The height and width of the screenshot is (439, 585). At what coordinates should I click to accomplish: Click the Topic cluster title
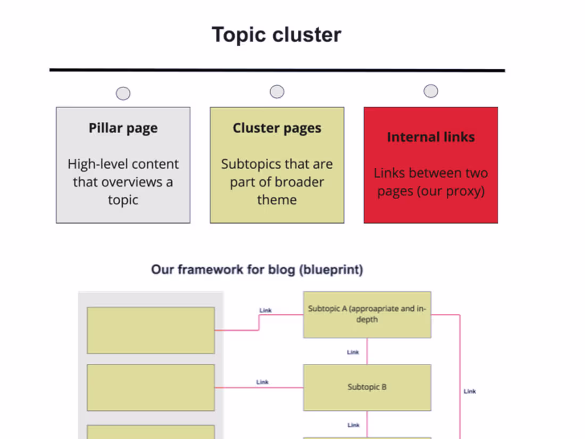click(277, 35)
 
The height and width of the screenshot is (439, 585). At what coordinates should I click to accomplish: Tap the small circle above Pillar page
click(123, 94)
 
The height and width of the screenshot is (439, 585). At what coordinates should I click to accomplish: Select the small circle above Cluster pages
click(277, 92)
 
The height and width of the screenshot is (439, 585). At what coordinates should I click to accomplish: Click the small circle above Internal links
click(431, 91)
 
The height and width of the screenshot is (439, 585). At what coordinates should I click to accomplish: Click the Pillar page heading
click(123, 128)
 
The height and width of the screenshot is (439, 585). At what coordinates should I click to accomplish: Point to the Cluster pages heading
click(277, 128)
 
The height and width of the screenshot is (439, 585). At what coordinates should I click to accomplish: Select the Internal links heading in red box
click(431, 137)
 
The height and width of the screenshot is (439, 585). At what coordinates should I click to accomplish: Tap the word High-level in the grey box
click(94, 164)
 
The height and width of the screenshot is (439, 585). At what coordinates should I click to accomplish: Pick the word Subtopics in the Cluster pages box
click(249, 164)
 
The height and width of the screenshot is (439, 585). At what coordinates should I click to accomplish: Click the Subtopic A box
click(367, 314)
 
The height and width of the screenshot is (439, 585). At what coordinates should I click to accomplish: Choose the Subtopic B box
click(367, 387)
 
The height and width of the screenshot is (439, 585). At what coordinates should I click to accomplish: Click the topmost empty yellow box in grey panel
click(151, 330)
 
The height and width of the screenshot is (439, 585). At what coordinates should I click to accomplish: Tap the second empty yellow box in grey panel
click(151, 387)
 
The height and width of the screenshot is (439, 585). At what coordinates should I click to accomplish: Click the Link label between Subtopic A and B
click(353, 352)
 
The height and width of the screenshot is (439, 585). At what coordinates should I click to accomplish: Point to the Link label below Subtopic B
click(353, 425)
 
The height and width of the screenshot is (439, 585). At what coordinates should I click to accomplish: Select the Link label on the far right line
click(470, 392)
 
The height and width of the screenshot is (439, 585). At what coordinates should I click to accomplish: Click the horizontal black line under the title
click(277, 70)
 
